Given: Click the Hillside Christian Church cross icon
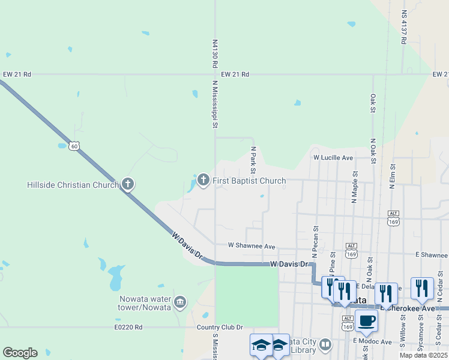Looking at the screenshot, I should [x=127, y=184].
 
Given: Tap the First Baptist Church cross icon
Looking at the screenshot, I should [x=203, y=179].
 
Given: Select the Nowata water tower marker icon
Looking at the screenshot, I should [x=179, y=301].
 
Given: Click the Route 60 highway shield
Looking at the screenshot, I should [x=74, y=146].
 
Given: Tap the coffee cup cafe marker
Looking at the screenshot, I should [x=366, y=320].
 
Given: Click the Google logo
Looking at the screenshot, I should [x=20, y=353].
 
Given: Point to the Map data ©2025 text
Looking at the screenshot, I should [x=423, y=355].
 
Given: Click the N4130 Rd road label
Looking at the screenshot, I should [x=214, y=54].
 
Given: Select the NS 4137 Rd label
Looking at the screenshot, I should [x=405, y=28].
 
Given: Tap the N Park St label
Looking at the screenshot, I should [x=253, y=157].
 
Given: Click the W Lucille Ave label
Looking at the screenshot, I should [x=333, y=157].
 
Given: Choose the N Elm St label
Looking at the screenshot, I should [x=392, y=178].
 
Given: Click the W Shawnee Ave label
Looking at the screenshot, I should [x=251, y=246].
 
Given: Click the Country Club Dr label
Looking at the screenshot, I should [x=220, y=327].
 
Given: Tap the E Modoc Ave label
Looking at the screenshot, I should [x=372, y=341].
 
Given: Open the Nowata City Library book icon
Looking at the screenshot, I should [x=325, y=344].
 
